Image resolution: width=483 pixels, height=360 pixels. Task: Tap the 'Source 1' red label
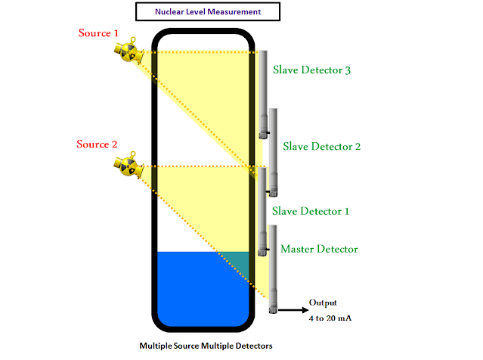coord(100,33)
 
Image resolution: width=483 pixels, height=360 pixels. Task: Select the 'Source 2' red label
coord(98,144)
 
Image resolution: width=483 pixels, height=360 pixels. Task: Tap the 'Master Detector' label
coord(319,248)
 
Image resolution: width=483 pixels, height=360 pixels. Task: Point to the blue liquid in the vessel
coord(197,287)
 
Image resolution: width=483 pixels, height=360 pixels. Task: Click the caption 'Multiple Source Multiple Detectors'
coord(200,346)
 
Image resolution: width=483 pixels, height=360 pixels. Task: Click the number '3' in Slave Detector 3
coord(348,70)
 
